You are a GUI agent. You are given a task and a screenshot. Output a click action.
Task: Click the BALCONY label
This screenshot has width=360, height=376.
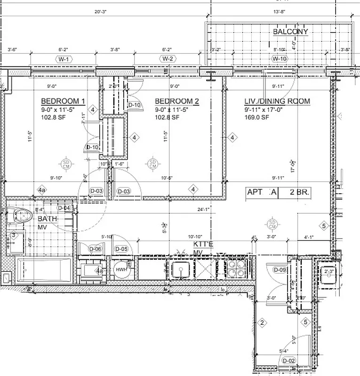tap(290, 31)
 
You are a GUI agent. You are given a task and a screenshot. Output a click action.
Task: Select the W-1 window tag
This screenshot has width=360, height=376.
tap(63, 59)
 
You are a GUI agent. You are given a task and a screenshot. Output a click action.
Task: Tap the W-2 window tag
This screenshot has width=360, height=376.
tap(167, 59)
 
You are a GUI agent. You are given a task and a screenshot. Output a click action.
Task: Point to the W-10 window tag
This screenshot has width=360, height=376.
tap(279, 59)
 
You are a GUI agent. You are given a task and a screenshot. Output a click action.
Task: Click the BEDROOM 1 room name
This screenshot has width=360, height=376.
tap(63, 102)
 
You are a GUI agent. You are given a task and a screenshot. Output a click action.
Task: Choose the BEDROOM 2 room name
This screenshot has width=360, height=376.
tap(177, 102)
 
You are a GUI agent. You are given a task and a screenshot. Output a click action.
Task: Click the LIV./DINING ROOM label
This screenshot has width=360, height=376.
tap(277, 102)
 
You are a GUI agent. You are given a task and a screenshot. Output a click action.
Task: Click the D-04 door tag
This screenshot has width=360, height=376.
tap(64, 208)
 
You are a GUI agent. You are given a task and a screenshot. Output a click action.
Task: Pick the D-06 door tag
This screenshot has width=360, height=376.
tap(96, 249)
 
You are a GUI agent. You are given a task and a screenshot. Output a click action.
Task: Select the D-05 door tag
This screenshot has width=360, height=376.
tap(121, 249)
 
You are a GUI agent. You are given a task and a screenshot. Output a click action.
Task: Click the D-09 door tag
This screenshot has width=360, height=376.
tap(280, 270)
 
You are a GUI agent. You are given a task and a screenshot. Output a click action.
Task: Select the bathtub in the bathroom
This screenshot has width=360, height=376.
tap(43, 272)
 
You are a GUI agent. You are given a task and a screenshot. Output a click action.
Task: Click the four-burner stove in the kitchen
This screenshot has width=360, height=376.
tap(235, 269)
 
